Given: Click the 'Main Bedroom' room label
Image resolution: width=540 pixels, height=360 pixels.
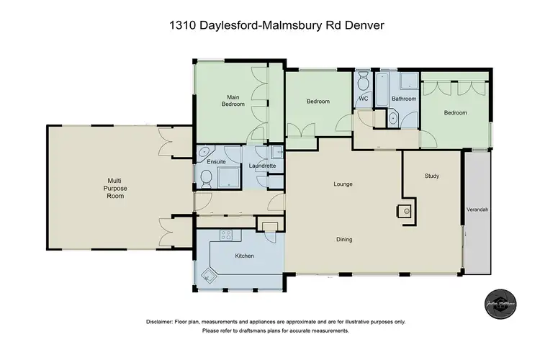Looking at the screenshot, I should (x=233, y=101).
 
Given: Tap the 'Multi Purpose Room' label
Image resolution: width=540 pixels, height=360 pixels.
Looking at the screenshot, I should (x=117, y=189).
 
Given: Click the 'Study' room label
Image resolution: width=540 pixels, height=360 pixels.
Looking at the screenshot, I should (x=432, y=176).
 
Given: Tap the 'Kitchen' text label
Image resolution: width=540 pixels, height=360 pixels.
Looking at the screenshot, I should (x=245, y=256).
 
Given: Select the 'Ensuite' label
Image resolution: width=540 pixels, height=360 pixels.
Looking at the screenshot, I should (x=217, y=162).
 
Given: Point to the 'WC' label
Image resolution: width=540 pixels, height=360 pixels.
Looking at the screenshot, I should (x=363, y=99).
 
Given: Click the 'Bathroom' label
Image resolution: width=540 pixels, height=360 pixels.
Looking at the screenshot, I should (x=404, y=99).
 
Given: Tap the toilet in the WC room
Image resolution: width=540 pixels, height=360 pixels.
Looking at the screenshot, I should (x=363, y=78).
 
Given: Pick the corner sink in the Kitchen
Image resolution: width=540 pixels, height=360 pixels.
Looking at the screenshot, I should (x=209, y=274).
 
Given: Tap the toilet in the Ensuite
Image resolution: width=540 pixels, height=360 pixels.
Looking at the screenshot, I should (x=204, y=184).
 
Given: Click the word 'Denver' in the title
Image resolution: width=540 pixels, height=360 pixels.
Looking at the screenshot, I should (x=365, y=26).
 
